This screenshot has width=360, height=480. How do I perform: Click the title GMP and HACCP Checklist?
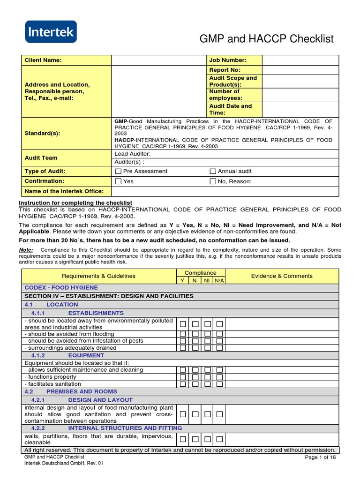pyautogui.click(x=267, y=39)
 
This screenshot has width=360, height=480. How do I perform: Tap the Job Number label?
pyautogui.click(x=228, y=60)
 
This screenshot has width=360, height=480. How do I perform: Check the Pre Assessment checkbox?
pyautogui.click(x=119, y=172)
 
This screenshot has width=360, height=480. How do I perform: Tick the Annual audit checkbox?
pyautogui.click(x=213, y=172)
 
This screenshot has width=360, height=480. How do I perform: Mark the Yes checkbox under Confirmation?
pyautogui.click(x=119, y=181)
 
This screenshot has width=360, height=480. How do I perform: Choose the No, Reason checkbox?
pyautogui.click(x=213, y=181)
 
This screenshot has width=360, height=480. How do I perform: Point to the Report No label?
pyautogui.click(x=225, y=70)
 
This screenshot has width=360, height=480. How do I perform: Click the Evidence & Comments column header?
pyautogui.click(x=282, y=276)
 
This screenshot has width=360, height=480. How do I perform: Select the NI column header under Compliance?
pyautogui.click(x=207, y=280)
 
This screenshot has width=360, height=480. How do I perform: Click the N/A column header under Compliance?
pyautogui.click(x=219, y=280)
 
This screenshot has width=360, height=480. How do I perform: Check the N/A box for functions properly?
pyautogui.click(x=219, y=377)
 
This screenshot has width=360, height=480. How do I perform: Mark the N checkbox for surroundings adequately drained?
pyautogui.click(x=195, y=348)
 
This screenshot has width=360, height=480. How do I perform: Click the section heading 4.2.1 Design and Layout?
pyautogui.click(x=100, y=400)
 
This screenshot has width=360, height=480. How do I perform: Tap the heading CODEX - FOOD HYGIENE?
pyautogui.click(x=61, y=287)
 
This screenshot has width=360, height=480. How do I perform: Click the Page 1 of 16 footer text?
pyautogui.click(x=320, y=457)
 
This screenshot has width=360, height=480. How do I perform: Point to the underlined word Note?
pyautogui.click(x=26, y=250)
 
